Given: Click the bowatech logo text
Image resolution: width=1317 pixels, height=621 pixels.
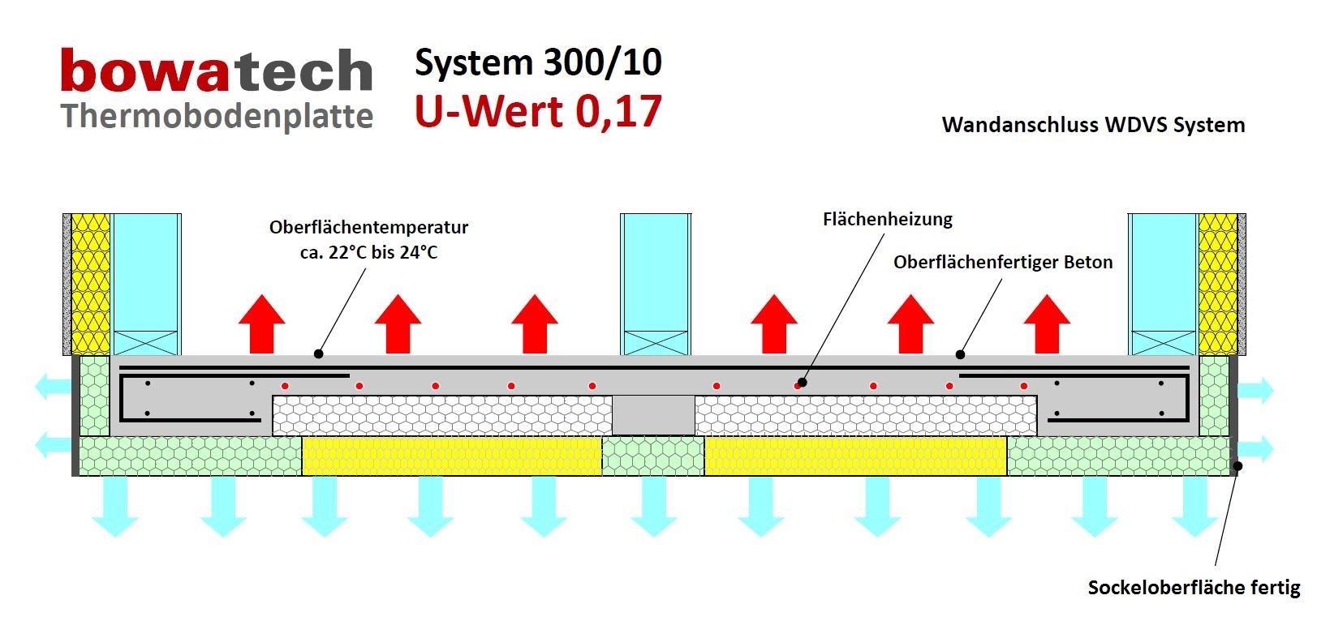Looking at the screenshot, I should coord(216,71).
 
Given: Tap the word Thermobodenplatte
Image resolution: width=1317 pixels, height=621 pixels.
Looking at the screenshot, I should coord(217,116).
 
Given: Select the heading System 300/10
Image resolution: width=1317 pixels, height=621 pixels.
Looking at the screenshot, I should coord(538,62).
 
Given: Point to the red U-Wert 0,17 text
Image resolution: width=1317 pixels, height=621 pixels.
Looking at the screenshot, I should coord(538,111).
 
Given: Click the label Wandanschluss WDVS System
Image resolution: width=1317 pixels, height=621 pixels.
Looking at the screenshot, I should coord(1093,125).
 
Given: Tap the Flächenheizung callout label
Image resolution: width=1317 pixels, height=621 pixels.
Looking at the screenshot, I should coord(887,219).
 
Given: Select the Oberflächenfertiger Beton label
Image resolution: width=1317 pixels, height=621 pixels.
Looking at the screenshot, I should coord(1003,262).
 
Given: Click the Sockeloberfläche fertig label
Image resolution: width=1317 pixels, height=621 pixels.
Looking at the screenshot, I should coord(1194,588).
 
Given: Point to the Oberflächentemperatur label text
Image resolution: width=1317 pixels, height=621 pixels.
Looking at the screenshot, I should coord(368,228).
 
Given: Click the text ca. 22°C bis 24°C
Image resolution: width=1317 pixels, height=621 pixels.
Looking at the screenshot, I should coord(368,252).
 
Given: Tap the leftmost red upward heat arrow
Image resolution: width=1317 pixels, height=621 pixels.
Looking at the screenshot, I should coord(261,323).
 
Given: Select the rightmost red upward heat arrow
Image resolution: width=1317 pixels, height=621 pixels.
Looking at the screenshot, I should coord(1047,323).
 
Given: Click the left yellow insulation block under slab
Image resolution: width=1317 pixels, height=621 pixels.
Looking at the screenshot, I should coord(451,456).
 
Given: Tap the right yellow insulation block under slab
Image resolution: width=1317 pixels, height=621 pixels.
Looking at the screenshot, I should coord(855,456).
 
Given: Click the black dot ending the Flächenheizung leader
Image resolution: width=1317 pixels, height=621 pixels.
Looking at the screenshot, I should coord(802,383).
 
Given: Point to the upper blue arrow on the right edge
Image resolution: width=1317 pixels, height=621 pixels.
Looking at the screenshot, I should coord(1255,391).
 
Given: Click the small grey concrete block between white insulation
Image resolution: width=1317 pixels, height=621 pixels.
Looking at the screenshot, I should coord(653,415).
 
